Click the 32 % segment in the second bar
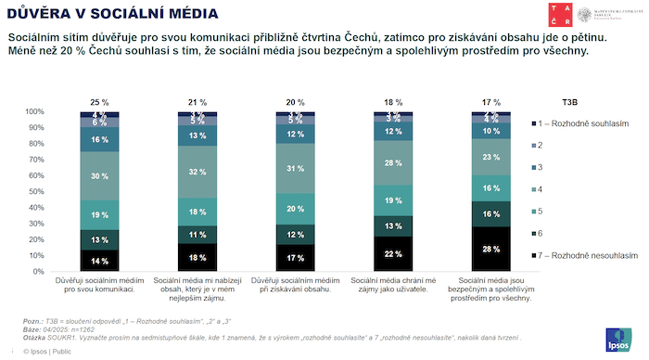tap(197, 173)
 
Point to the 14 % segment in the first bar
tap(100, 261)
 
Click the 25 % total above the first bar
tap(100, 101)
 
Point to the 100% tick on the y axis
tap(33, 111)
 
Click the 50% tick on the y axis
tap(35, 192)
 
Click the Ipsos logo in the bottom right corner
tap(616, 340)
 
